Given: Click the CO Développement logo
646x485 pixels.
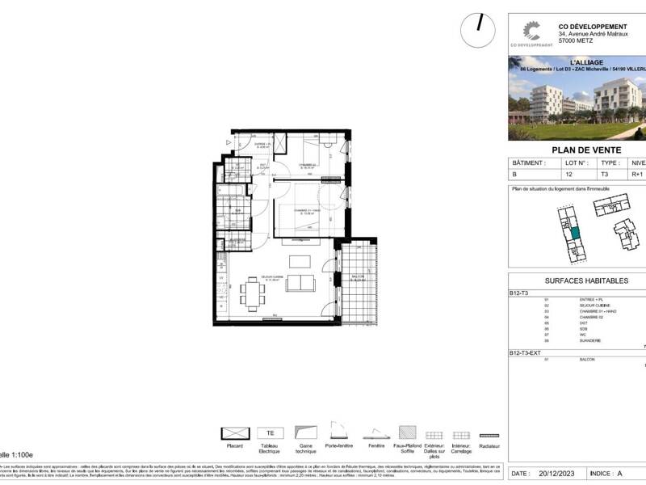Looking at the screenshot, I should (x=529, y=32).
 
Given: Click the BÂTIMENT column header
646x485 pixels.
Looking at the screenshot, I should (x=526, y=162).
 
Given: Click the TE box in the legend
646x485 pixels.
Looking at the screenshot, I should (x=270, y=433).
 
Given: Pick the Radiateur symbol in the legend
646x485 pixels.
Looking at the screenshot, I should (x=489, y=434).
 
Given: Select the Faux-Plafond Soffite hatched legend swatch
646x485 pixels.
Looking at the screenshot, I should (x=409, y=433).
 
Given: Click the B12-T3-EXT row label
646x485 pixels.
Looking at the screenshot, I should (x=526, y=354).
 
